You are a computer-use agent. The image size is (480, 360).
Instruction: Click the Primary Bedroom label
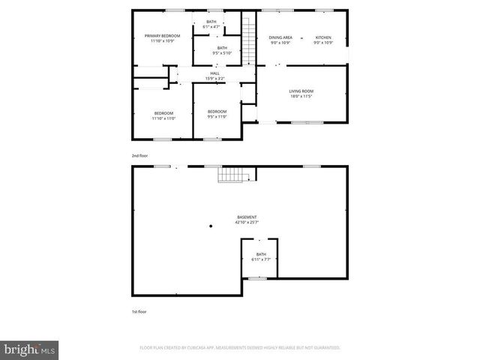coord(163,35)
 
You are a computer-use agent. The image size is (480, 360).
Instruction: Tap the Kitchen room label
coord(323,37)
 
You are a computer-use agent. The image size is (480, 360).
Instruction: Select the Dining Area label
coord(280,37)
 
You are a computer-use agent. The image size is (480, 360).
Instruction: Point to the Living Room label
coord(301,91)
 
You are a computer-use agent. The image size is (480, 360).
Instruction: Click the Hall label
coord(214,73)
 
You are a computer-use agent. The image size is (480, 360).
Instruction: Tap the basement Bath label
coord(261,254)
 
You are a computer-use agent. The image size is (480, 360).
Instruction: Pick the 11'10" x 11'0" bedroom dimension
coord(163,118)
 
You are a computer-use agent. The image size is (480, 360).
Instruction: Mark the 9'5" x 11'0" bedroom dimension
coord(217,116)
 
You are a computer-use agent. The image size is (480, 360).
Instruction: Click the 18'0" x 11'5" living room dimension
coord(301,97)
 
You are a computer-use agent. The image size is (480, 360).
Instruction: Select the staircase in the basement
coord(232,175)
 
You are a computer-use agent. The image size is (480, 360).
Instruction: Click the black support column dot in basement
coord(211,225)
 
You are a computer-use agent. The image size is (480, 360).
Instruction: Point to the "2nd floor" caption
coord(139,155)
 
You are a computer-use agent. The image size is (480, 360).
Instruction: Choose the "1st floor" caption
coord(139,310)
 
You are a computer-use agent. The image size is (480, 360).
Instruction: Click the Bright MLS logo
coord(30,349)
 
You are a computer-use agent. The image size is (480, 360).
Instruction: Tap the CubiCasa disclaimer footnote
coord(240,347)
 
